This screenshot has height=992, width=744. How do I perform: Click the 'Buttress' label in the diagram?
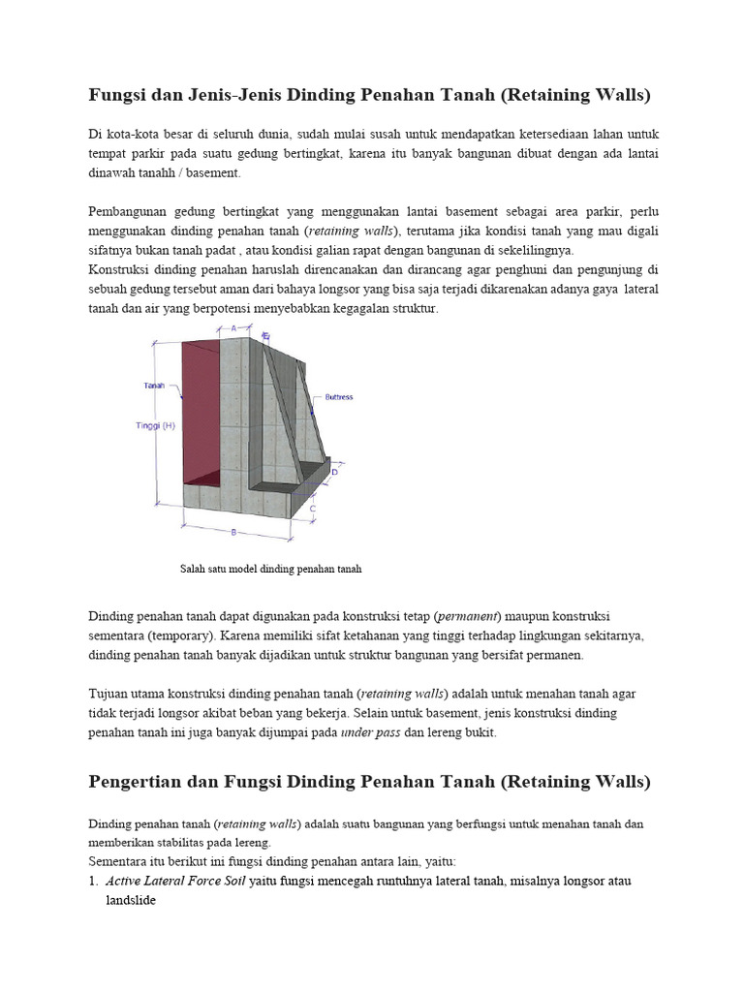click(339, 396)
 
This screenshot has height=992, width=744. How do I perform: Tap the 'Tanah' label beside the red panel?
click(154, 386)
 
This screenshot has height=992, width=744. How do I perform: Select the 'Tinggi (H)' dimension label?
click(155, 425)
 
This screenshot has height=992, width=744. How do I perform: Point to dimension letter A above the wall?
click(233, 329)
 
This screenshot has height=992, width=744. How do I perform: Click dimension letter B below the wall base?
click(233, 531)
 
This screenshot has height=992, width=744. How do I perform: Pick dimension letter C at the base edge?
click(312, 507)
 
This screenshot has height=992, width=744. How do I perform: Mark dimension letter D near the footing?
click(334, 472)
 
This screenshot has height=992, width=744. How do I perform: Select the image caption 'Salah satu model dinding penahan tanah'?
click(270, 569)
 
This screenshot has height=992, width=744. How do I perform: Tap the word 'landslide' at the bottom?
click(130, 900)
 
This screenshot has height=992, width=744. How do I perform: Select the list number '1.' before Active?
click(94, 881)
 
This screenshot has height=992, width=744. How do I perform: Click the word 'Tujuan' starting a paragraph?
click(108, 694)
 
